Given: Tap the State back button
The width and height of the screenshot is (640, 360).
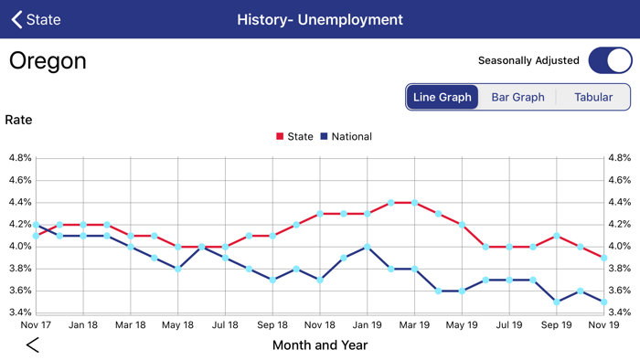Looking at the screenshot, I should [x=36, y=19].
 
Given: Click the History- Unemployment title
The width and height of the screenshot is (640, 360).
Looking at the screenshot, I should [x=319, y=19].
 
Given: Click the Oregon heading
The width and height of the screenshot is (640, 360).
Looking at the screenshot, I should [x=48, y=61].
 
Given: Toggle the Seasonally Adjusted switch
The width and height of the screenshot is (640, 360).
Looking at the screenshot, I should [x=609, y=60].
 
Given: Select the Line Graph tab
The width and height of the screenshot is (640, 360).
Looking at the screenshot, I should [x=443, y=97].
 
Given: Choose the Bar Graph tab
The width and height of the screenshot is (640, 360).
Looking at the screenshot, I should [x=517, y=97].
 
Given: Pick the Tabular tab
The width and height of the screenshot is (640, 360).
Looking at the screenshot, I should [x=593, y=97].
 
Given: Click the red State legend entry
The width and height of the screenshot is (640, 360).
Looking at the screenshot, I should [x=294, y=136].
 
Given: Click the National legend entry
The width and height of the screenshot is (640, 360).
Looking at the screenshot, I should [x=346, y=136].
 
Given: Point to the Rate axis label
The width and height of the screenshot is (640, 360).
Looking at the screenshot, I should [x=19, y=120].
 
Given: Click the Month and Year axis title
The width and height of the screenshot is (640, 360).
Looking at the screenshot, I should [x=320, y=344].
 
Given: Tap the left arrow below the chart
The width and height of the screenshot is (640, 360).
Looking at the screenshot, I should [x=33, y=344].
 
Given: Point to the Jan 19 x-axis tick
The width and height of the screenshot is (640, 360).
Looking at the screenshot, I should [x=368, y=323].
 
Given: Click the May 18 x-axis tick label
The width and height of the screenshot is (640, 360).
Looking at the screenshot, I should [x=178, y=323].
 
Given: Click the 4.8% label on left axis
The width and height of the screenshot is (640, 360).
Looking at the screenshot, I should [x=20, y=157].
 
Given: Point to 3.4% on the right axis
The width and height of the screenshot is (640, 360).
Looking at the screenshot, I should [x=618, y=312].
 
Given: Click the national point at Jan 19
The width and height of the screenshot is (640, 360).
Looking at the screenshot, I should [x=368, y=247].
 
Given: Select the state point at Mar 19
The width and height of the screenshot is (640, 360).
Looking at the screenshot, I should [x=415, y=202].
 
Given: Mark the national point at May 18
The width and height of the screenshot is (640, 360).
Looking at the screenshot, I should [x=178, y=269].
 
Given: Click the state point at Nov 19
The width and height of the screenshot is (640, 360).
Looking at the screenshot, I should [x=604, y=258].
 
